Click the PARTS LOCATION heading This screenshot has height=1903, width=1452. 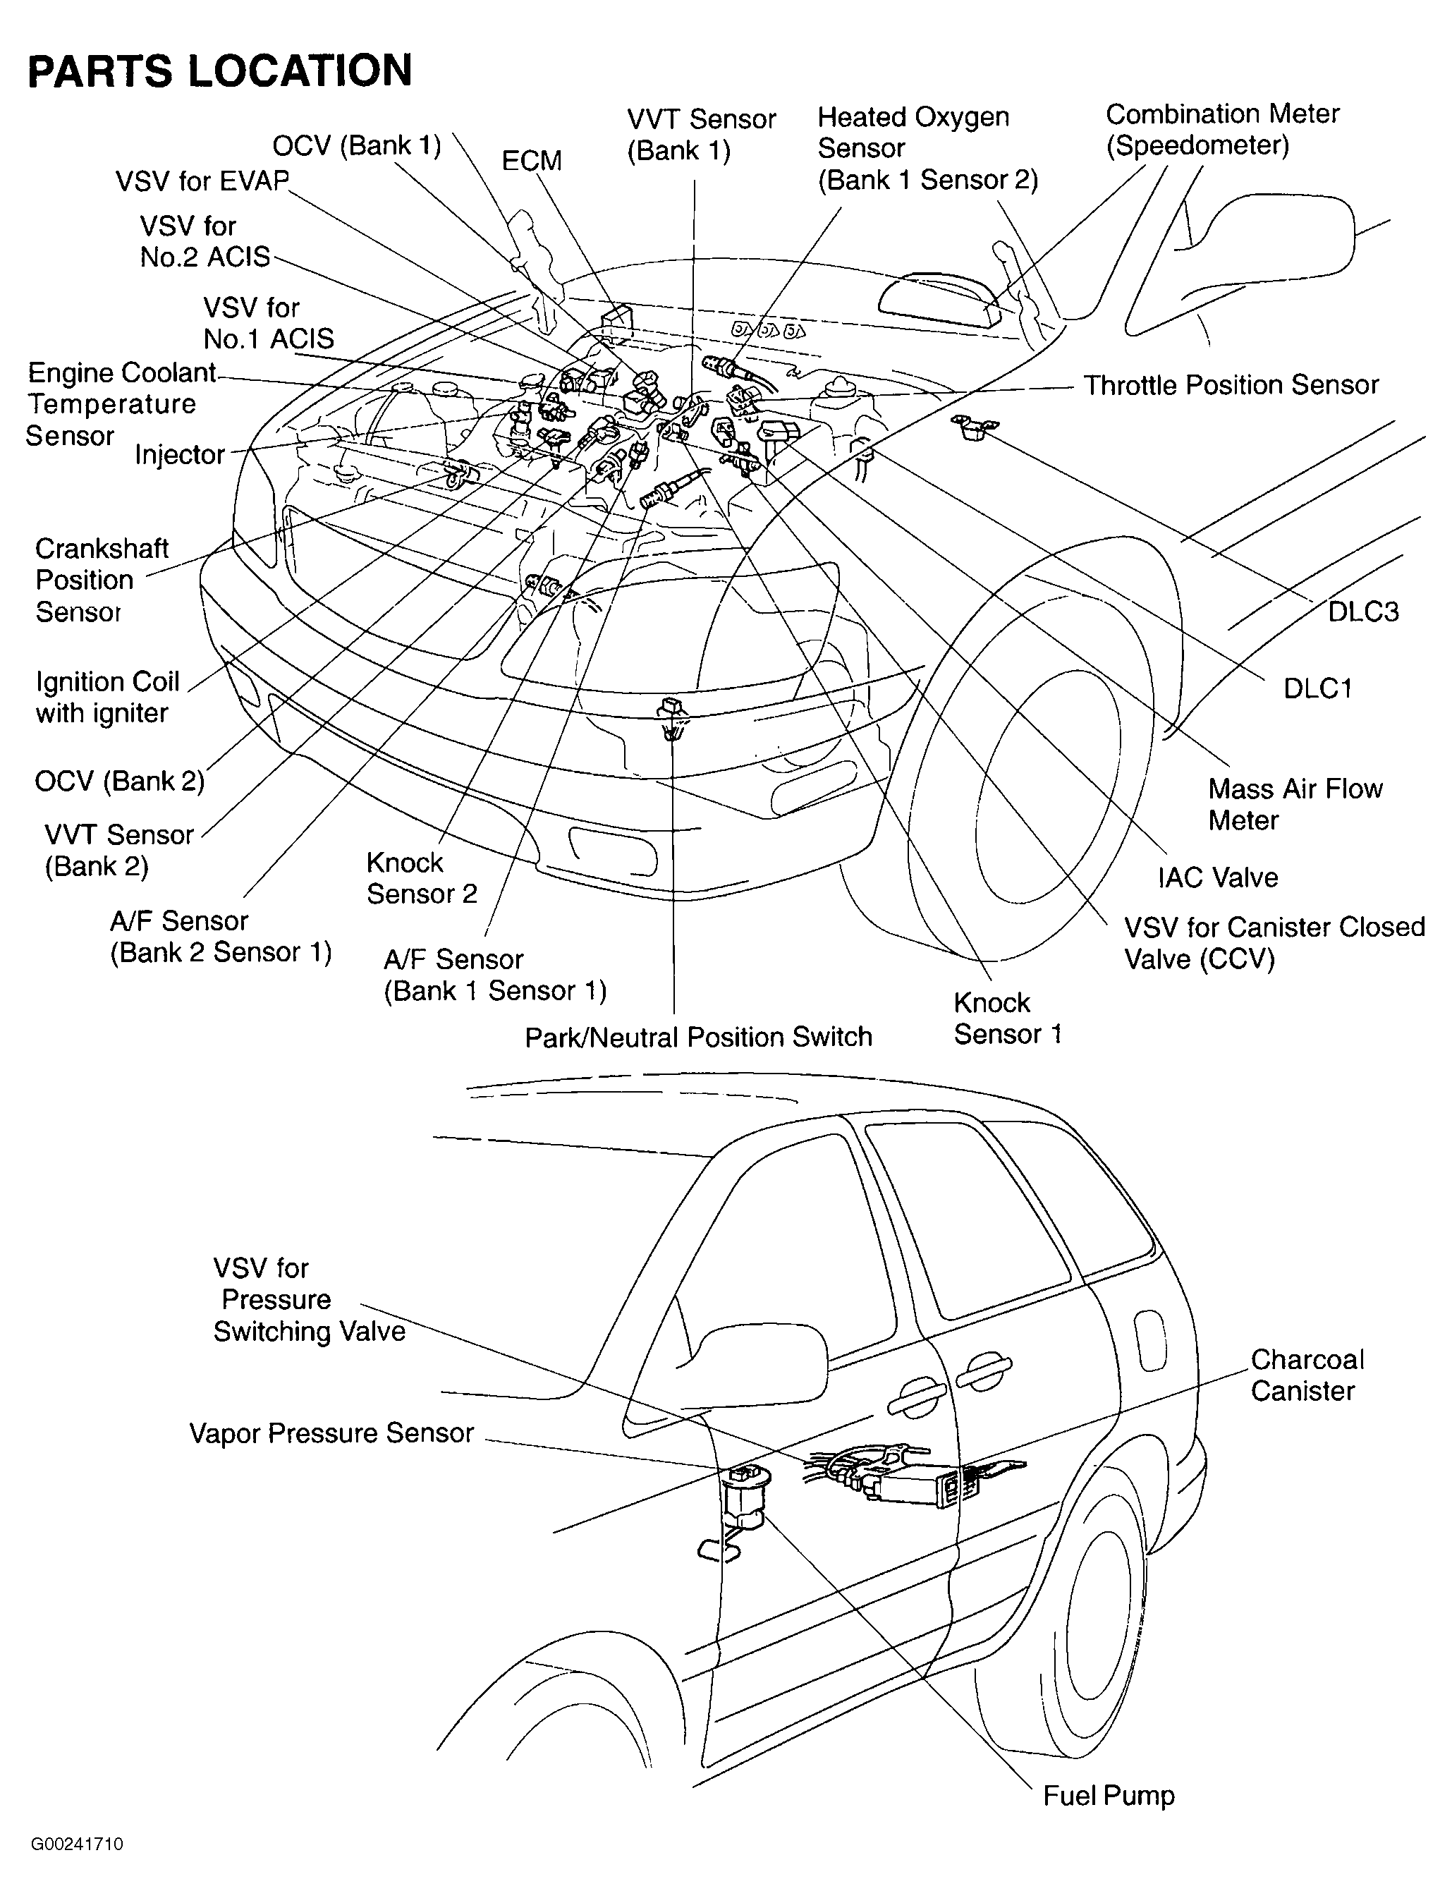pos(221,71)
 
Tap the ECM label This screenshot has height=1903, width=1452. pos(532,161)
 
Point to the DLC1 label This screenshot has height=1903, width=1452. pos(1317,689)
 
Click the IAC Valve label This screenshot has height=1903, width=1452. pos(1217,877)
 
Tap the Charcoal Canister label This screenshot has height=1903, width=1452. pos(1306,1375)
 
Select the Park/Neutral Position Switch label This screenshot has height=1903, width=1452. pos(698,1036)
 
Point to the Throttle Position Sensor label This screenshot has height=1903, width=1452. pos(1231,384)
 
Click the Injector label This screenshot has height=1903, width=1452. pos(180,454)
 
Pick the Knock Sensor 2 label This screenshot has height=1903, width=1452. pos(421,878)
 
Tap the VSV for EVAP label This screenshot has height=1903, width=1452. pos(202,181)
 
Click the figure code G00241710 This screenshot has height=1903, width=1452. pos(77,1844)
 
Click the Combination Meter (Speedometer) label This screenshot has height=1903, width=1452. pos(1221,130)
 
